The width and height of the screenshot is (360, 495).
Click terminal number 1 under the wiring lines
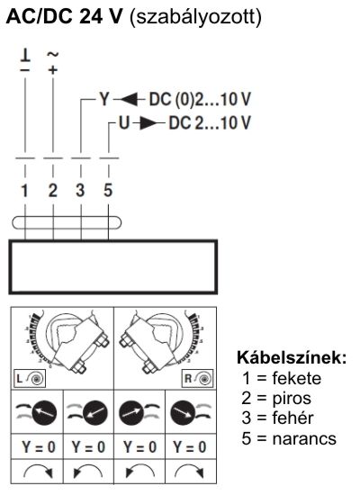pos(25,190)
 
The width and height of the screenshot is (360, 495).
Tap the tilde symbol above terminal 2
pos(52,54)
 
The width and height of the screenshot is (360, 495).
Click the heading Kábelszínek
pos(291,357)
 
